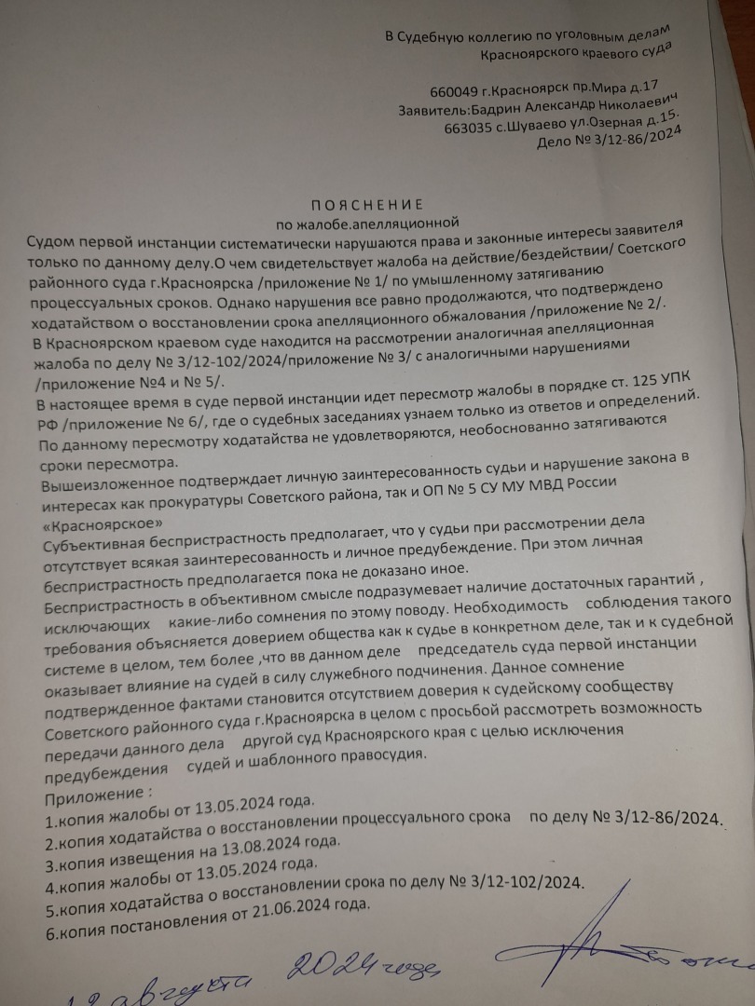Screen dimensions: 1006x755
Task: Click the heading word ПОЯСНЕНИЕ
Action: [365, 203]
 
